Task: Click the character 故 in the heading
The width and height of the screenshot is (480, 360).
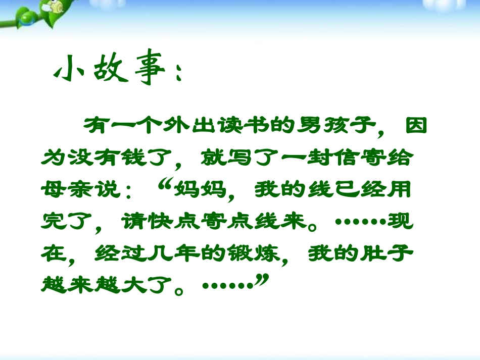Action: [x=111, y=67]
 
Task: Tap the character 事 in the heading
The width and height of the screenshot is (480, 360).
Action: [x=150, y=67]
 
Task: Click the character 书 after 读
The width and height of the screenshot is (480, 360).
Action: [x=258, y=126]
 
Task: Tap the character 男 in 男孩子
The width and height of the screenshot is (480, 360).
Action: [x=310, y=126]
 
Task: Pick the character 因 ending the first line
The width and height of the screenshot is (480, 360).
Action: [x=416, y=126]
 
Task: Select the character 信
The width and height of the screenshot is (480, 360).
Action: [x=346, y=158]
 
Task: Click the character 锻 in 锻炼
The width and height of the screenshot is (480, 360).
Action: [x=241, y=253]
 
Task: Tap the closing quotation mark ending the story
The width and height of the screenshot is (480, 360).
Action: [x=263, y=280]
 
